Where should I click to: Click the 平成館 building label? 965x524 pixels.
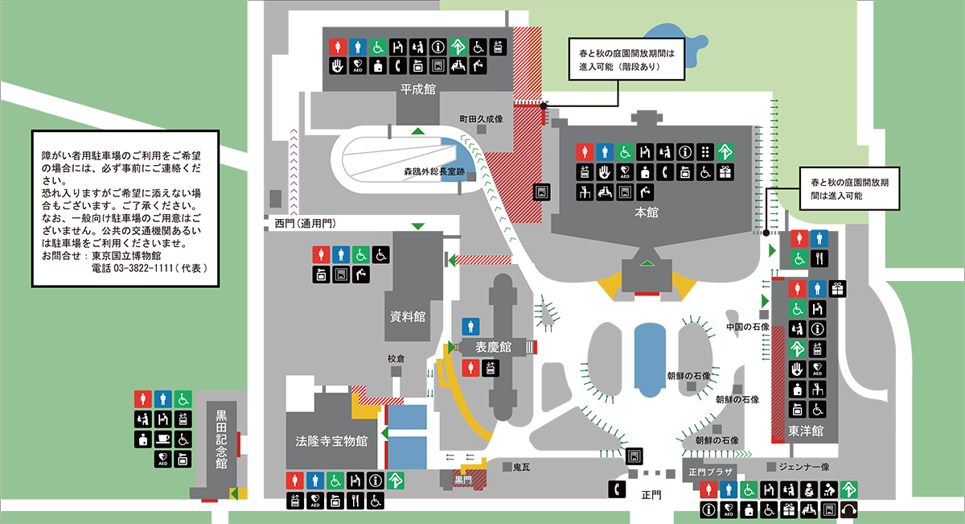[418, 89]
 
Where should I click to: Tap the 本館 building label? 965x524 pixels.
[647, 212]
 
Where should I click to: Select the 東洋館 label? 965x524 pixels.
[805, 431]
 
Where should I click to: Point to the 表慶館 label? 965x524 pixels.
[493, 347]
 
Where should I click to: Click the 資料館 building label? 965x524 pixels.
[407, 316]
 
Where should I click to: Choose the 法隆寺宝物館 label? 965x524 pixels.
[331, 441]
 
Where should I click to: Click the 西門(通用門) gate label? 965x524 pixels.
[305, 224]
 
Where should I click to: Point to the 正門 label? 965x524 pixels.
[651, 495]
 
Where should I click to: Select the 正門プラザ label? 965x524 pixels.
[710, 472]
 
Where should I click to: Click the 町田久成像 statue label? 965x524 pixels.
[481, 119]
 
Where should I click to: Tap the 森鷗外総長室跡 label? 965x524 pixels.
[433, 171]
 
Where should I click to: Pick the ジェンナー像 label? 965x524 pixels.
[804, 467]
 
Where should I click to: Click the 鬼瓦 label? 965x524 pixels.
[521, 467]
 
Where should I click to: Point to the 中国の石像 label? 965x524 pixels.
[748, 327]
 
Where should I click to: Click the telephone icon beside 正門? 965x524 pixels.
[617, 489]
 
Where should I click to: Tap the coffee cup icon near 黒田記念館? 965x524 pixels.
[162, 439]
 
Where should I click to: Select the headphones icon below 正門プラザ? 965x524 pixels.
[848, 510]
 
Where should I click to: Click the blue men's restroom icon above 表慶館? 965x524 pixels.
[470, 327]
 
